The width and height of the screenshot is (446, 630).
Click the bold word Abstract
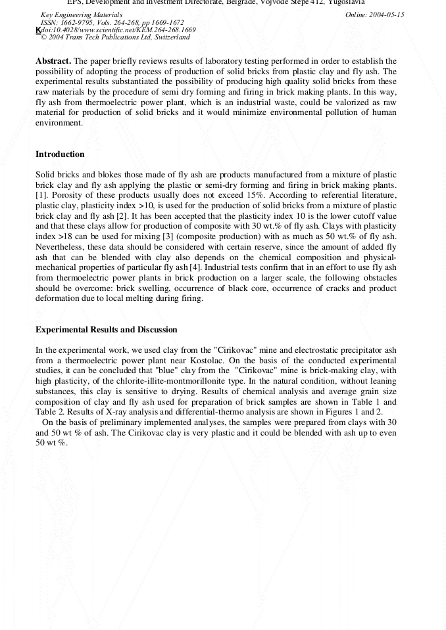(x=53, y=61)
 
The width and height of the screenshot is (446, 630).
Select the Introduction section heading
(x=60, y=154)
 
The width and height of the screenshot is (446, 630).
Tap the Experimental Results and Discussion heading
(x=106, y=329)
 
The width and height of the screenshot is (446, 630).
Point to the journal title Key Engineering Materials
(x=81, y=14)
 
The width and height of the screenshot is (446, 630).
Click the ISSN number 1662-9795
(x=78, y=22)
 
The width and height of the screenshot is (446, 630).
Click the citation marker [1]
(x=40, y=196)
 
